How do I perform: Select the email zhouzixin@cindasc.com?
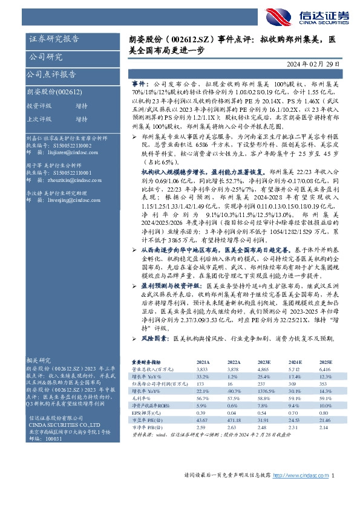click(66, 181)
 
